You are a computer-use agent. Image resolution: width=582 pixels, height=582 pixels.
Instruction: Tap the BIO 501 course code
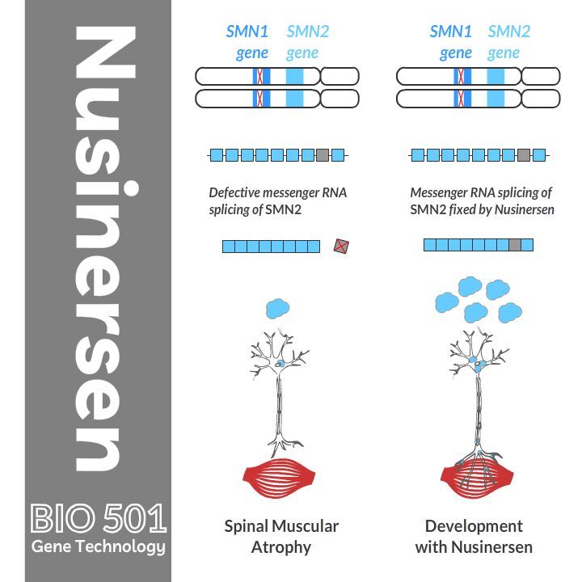[98, 518]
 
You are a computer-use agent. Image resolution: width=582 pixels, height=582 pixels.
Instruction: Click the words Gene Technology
[98, 547]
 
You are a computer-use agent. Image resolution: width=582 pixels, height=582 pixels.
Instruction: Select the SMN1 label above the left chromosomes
[247, 32]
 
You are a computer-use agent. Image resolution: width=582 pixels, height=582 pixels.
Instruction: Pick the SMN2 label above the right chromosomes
[509, 32]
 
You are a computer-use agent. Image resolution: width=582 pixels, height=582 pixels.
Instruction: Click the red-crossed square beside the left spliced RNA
[342, 246]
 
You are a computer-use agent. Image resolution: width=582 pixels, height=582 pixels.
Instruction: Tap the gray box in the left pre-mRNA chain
[323, 154]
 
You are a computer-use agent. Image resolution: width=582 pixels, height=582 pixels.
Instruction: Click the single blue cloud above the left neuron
[277, 308]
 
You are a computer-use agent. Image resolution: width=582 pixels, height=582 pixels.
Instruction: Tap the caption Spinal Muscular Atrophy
[280, 536]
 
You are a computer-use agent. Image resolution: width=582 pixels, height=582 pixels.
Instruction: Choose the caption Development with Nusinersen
[474, 536]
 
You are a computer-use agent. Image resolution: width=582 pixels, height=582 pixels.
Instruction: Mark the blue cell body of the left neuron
[278, 365]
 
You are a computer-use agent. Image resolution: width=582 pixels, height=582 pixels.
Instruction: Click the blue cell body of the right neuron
[479, 365]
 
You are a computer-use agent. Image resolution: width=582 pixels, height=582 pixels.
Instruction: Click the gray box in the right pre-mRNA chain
[524, 154]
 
